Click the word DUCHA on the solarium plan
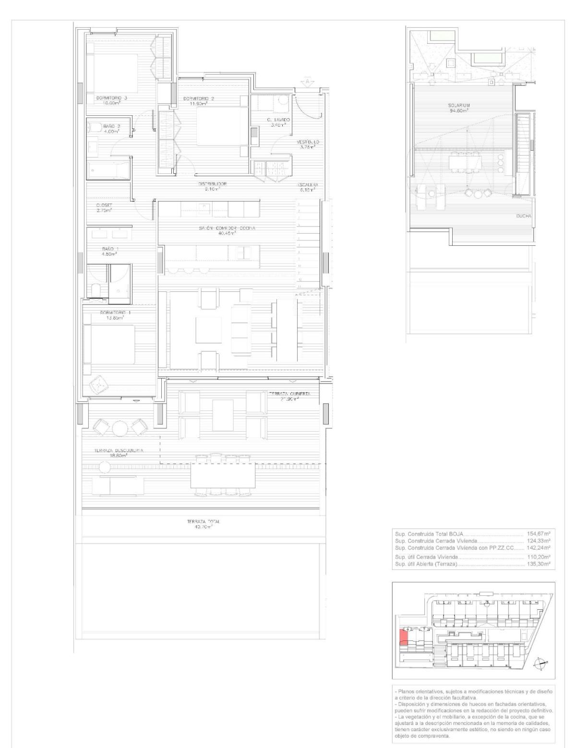(524, 216)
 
